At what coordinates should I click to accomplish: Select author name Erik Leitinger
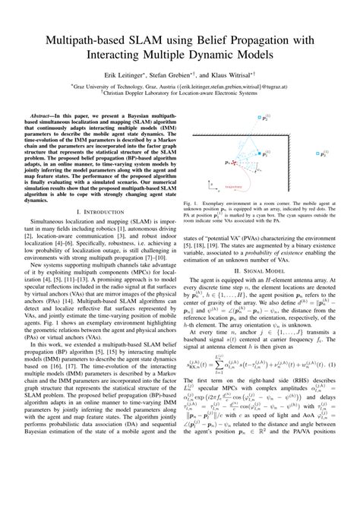click(x=126, y=76)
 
